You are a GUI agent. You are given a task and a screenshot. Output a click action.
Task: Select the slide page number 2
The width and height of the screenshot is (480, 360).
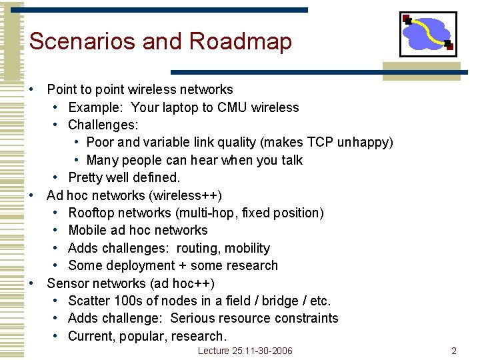click(453, 351)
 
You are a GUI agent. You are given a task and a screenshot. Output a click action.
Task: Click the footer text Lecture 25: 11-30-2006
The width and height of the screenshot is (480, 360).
click(245, 351)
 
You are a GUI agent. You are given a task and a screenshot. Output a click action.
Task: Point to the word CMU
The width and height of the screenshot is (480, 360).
click(231, 107)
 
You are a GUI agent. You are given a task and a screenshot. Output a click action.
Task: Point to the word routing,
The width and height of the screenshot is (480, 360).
click(199, 248)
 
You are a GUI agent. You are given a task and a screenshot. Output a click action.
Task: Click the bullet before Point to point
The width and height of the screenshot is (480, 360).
click(31, 89)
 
